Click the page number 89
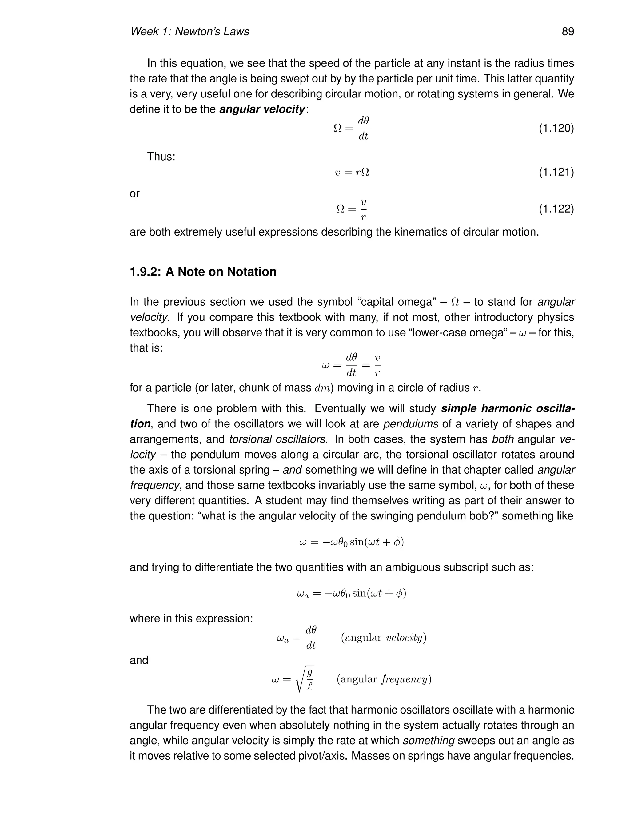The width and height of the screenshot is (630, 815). point(568,32)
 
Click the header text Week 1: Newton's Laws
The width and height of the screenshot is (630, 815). point(189,32)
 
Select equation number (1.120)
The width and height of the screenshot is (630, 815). point(556,128)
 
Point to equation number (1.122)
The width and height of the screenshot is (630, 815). point(556,209)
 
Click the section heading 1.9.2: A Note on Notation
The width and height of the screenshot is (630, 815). point(203,272)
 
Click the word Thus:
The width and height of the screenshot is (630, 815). point(161,156)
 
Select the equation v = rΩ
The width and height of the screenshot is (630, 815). point(352,173)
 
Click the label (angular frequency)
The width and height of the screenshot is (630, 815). point(384,679)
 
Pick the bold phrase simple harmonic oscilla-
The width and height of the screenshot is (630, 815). point(508,409)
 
